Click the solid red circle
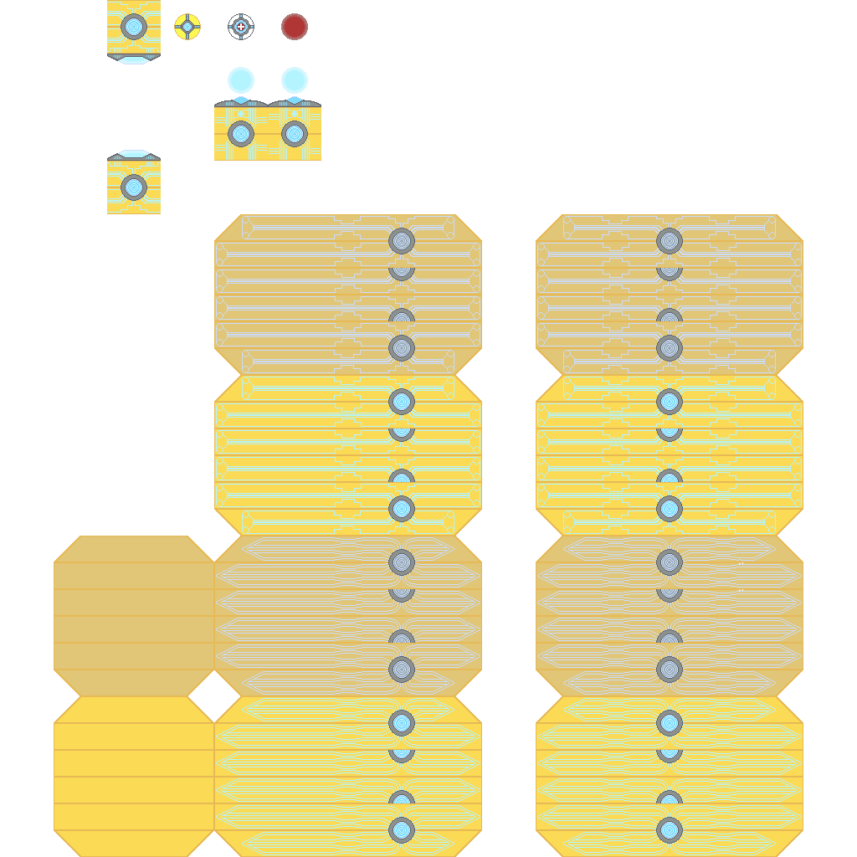click(x=295, y=27)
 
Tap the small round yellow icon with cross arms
click(x=187, y=27)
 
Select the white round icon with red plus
click(x=241, y=27)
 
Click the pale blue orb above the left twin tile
click(x=241, y=80)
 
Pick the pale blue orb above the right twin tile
click(x=295, y=80)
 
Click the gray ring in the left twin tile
click(x=241, y=134)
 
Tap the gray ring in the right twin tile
click(x=295, y=134)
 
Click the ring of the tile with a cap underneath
click(x=134, y=27)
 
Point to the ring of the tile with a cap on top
click(x=134, y=187)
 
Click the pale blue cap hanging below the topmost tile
click(x=134, y=59)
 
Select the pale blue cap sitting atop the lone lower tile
click(x=134, y=154)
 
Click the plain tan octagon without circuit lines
click(x=134, y=616)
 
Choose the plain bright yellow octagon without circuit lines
click(x=134, y=777)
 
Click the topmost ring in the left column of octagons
click(x=402, y=241)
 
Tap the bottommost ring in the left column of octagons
click(x=402, y=830)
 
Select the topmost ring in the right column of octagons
click(x=670, y=241)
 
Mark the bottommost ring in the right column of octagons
click(x=670, y=830)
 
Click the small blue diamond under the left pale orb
click(x=241, y=100)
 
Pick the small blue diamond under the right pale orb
click(x=295, y=100)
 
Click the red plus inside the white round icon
click(x=241, y=27)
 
